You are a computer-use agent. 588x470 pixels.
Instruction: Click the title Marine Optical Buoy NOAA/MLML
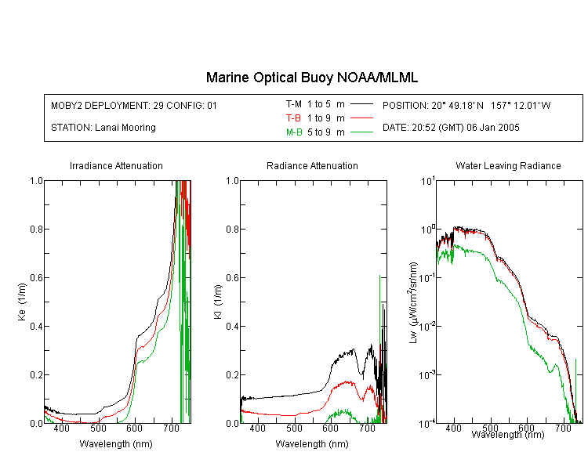coord(311,78)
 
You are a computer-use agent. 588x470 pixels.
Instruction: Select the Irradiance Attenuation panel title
coord(116,165)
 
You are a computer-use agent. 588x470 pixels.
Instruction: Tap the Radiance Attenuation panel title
coord(312,165)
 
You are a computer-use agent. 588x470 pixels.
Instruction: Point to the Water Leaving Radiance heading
coord(508,165)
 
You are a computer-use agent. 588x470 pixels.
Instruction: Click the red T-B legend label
coord(293,118)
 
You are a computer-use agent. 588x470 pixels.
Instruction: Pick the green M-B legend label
coord(294,132)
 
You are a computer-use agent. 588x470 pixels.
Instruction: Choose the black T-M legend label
coord(294,104)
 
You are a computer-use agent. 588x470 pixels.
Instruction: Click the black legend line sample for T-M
coord(361,104)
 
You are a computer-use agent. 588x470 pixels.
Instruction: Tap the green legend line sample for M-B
coord(361,132)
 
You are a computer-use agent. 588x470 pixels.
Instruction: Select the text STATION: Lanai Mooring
coord(103,128)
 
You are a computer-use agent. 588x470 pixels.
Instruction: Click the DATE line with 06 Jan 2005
coord(451,128)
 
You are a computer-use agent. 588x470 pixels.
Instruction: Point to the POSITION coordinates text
coord(466,105)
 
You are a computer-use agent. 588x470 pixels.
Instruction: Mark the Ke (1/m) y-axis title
coord(22,302)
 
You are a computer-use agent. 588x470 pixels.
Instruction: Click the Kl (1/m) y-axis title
coord(218,302)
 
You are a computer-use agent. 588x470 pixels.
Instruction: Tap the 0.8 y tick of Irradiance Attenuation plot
coord(36,229)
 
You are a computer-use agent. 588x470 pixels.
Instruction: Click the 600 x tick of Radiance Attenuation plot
coord(331,428)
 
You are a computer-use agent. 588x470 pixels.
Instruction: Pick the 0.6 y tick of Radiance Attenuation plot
coord(232,278)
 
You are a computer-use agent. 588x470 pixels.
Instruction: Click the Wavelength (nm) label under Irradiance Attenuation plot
coord(116,444)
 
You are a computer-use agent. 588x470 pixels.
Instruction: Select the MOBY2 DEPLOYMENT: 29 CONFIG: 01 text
coord(134,105)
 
